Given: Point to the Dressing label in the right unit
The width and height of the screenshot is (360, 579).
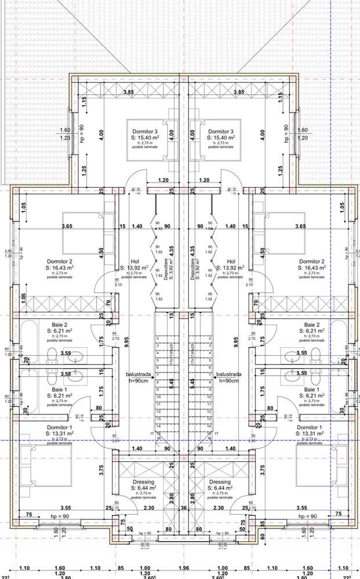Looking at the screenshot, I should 220,482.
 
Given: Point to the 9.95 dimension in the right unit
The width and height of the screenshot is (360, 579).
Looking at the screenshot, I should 235,343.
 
